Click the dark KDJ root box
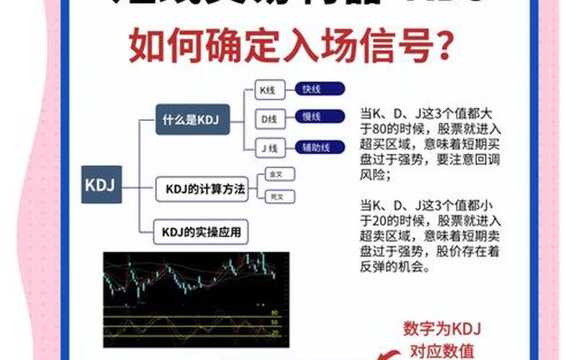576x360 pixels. pos(102,184)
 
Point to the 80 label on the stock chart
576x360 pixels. pos(274,313)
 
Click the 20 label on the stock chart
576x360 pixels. pos(274,334)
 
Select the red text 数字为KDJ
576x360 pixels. pos(441,329)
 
